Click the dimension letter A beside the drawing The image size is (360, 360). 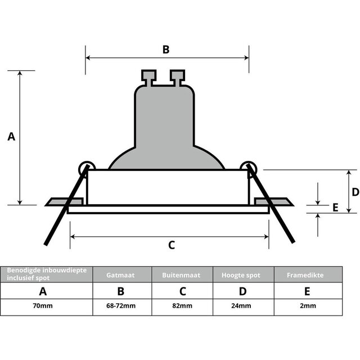(11, 137)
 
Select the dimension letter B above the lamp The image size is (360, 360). (166, 49)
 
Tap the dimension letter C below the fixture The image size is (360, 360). (172, 245)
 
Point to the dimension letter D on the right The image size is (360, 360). (339, 192)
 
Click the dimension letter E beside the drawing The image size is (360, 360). (335, 208)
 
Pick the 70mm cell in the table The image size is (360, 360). (43, 307)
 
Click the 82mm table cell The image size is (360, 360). (182, 307)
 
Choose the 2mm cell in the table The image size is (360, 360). (307, 307)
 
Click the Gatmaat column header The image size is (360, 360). (120, 275)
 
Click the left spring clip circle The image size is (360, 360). (85, 167)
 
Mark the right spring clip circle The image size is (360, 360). (247, 167)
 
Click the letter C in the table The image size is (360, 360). (182, 291)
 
